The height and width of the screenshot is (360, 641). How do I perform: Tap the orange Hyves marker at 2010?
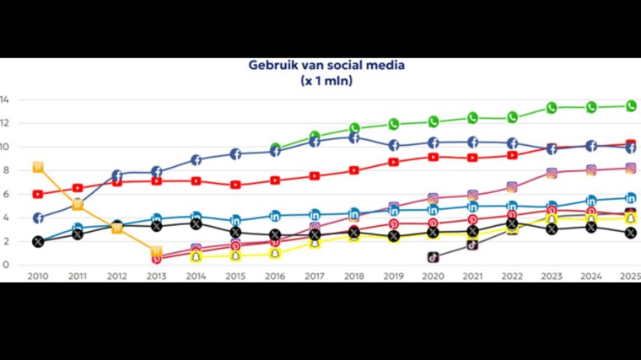[x=38, y=167]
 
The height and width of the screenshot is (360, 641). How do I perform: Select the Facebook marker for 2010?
[x=38, y=218]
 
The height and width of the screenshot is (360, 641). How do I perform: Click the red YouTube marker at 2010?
[x=38, y=194]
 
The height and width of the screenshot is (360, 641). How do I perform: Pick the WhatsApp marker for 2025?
[x=630, y=105]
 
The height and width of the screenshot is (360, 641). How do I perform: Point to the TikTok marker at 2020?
[x=433, y=256]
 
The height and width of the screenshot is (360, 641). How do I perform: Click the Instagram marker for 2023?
[x=552, y=173]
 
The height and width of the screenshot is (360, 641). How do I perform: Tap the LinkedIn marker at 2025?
[x=630, y=198]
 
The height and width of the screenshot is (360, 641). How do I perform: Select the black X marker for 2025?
[x=630, y=233]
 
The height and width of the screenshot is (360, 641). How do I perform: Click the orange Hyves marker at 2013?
[x=156, y=251]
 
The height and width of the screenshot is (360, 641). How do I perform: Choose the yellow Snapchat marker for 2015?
[x=235, y=255]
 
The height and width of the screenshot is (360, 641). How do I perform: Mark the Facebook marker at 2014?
[x=196, y=159]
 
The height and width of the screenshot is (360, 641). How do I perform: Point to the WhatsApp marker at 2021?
[x=472, y=118]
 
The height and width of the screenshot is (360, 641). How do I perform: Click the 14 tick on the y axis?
[x=5, y=99]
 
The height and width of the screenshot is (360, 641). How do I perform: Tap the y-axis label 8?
[x=5, y=170]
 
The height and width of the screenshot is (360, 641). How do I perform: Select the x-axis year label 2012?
[x=116, y=276]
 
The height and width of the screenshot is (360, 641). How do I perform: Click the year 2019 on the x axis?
[x=393, y=276]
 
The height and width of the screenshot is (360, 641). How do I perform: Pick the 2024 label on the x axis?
[x=590, y=276]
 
